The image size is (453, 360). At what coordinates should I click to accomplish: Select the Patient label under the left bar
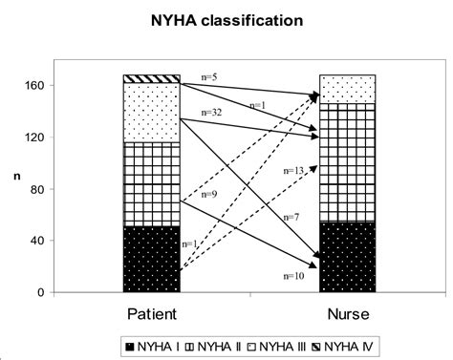pyautogui.click(x=151, y=312)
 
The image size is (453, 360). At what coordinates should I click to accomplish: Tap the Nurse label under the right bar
pyautogui.click(x=348, y=312)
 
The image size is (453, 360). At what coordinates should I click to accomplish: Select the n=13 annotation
pyautogui.click(x=295, y=170)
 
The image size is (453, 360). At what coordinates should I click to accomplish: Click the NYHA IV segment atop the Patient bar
pyautogui.click(x=151, y=78)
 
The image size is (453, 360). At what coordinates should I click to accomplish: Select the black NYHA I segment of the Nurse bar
pyautogui.click(x=348, y=256)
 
